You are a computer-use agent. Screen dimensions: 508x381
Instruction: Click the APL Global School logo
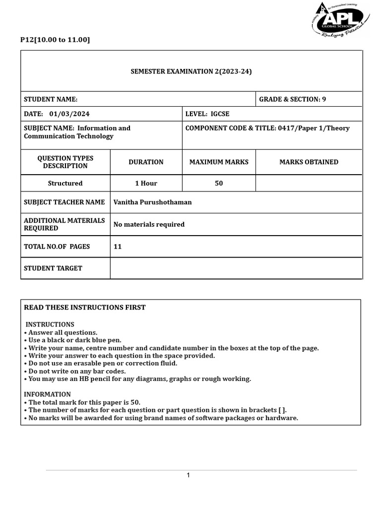coord(340,21)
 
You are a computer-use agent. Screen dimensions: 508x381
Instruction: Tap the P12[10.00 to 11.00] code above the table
coord(55,40)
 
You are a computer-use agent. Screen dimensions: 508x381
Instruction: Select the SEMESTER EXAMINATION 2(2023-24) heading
coord(191,71)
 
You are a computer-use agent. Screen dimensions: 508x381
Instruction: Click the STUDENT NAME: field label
coord(51,99)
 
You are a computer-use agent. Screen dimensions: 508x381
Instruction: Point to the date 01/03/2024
coord(69,114)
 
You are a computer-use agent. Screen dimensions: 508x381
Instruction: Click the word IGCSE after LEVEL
coord(220,114)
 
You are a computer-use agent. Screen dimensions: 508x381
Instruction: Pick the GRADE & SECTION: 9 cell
coord(293,99)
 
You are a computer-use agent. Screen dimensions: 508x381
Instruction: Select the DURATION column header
coord(146,162)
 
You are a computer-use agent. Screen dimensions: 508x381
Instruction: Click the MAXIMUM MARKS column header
coord(219,162)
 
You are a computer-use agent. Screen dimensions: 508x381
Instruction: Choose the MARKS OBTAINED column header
coord(309,162)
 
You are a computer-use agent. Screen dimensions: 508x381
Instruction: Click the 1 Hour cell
coord(146,184)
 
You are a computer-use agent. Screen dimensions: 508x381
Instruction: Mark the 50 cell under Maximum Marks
coord(219,184)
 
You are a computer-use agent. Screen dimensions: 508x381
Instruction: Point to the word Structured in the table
coord(65,184)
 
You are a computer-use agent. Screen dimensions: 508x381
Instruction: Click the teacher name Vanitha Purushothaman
coord(152,202)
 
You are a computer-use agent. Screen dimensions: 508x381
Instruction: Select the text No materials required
coord(149,225)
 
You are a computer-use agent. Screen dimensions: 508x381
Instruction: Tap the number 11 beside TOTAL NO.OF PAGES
coord(118,247)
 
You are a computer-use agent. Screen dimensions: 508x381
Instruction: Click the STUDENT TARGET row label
coord(53,268)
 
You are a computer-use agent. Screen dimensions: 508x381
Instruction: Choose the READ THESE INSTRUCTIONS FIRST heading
coord(85,308)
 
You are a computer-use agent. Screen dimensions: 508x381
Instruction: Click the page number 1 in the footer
coord(189,476)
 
